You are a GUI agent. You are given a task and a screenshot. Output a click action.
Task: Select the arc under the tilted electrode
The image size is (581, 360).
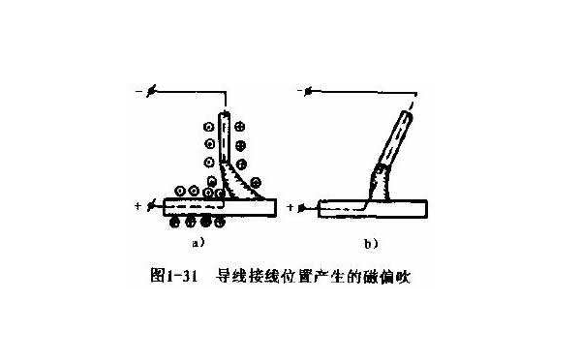(381, 183)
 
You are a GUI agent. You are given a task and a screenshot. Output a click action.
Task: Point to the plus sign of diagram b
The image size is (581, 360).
(291, 207)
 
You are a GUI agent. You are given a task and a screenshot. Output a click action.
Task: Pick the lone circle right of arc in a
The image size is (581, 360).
(257, 181)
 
